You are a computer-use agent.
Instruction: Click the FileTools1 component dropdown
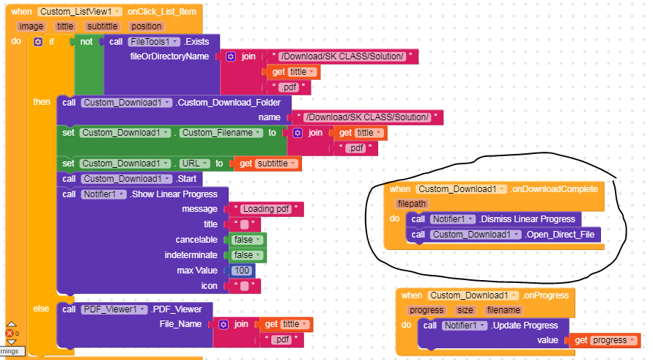click(x=152, y=42)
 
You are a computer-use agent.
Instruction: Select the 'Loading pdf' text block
click(x=267, y=209)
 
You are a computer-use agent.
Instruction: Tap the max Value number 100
click(x=242, y=271)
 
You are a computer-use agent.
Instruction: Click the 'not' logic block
click(x=86, y=42)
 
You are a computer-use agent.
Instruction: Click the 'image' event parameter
click(x=32, y=26)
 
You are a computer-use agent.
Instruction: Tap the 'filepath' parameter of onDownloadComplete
click(x=412, y=204)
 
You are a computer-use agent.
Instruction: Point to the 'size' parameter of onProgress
click(x=465, y=310)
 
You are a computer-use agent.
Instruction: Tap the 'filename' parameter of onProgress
click(x=503, y=310)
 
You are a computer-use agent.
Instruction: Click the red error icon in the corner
click(x=10, y=334)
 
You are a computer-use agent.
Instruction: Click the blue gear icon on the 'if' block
click(x=38, y=42)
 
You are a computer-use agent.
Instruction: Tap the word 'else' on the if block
click(x=41, y=309)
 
